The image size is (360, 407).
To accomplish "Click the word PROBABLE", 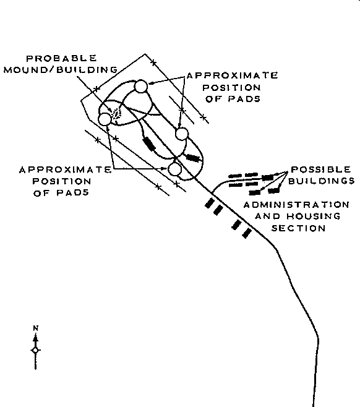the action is tap(61, 58).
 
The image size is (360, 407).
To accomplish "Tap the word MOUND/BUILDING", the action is tap(61, 69).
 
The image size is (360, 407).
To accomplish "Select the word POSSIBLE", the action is tap(321, 169).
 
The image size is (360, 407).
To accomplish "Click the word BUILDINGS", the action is tap(322, 181).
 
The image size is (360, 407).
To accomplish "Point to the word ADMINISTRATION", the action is tap(296, 205).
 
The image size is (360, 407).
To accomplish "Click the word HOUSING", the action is tap(314, 216).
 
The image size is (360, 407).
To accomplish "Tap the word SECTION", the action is tap(298, 228).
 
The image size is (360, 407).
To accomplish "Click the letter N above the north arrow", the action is tap(36, 328).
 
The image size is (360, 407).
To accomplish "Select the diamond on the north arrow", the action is tap(35, 351).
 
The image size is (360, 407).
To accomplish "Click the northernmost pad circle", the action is tap(141, 86).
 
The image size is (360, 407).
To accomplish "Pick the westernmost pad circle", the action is tap(105, 119).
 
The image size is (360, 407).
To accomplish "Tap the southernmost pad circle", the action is tap(174, 169).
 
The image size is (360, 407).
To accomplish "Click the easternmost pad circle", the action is tap(182, 134).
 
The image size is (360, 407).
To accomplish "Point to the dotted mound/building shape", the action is tap(116, 114).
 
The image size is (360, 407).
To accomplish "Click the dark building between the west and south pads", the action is tap(149, 144).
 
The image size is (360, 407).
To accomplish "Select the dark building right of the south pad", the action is tap(194, 158).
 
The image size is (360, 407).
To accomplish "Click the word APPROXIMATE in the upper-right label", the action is tap(233, 75).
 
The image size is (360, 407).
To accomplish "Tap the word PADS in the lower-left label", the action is tap(61, 192).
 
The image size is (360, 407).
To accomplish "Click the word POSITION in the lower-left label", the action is tap(62, 181).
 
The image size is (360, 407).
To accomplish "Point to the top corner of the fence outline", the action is tap(145, 54).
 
